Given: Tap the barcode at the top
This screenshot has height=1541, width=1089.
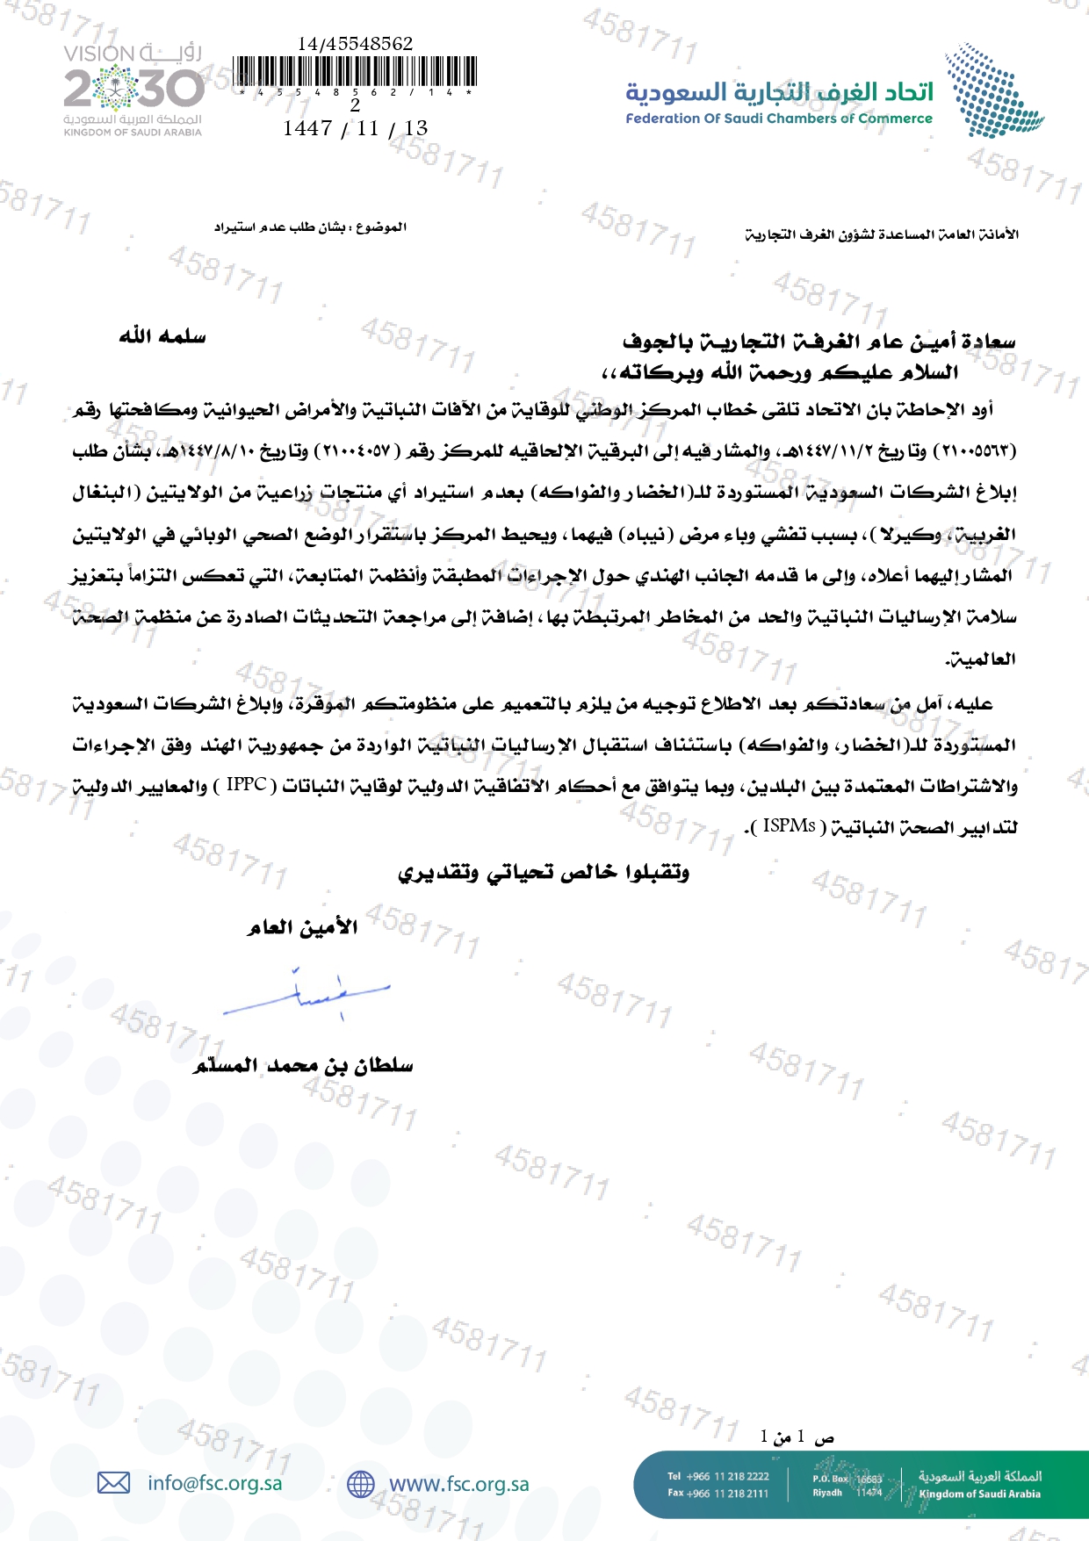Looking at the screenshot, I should pyautogui.click(x=356, y=72).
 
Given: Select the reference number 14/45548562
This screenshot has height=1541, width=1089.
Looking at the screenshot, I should pyautogui.click(x=355, y=44).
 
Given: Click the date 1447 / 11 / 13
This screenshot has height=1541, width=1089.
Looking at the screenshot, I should pyautogui.click(x=355, y=128).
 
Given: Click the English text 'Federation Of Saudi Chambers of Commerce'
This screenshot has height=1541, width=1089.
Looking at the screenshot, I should pyautogui.click(x=778, y=119).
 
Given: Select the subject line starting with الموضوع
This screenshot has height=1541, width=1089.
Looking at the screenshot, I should pyautogui.click(x=310, y=227).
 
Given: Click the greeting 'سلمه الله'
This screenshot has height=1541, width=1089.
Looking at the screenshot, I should pyautogui.click(x=162, y=336).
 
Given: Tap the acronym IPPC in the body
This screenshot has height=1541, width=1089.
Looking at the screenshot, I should pyautogui.click(x=246, y=784).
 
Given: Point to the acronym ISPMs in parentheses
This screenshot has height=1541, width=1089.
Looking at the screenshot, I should pyautogui.click(x=789, y=826).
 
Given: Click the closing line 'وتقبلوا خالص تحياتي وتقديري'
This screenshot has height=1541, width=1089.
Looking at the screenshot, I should pyautogui.click(x=544, y=872).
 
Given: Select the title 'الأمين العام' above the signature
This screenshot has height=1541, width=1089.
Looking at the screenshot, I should pyautogui.click(x=302, y=927).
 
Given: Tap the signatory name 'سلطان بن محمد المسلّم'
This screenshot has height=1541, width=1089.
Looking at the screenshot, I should pyautogui.click(x=303, y=1065).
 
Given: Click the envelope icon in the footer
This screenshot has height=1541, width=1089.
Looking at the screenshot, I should pyautogui.click(x=113, y=1483).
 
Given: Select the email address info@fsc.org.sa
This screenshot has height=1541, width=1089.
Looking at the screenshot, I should pyautogui.click(x=215, y=1483).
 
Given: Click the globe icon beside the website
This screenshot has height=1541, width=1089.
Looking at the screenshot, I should pyautogui.click(x=360, y=1484).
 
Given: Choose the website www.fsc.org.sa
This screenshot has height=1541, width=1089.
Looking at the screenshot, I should pyautogui.click(x=458, y=1484).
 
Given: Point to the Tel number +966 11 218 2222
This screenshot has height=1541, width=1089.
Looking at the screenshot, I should pyautogui.click(x=718, y=1476).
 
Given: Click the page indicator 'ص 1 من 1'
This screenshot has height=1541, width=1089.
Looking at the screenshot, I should pyautogui.click(x=797, y=1437).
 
